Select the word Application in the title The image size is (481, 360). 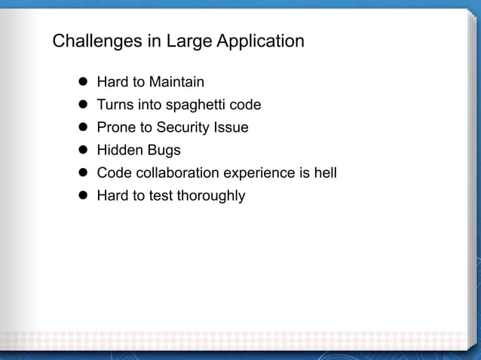point(261,41)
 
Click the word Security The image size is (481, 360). point(185,127)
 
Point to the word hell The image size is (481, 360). point(325,173)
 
